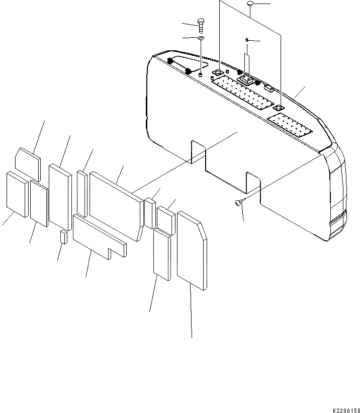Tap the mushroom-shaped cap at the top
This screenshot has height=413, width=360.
pos(251,5)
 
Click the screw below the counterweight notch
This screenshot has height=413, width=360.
pos(239,202)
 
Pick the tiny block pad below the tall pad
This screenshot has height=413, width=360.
pos(63,237)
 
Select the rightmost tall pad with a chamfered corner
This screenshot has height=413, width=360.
pos(192,252)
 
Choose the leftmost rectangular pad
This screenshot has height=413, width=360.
pos(17,194)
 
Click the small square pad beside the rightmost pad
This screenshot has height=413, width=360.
pos(166,220)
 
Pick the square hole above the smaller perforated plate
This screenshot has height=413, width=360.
pos(277,108)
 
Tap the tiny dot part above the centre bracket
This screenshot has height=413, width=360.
pos(247,39)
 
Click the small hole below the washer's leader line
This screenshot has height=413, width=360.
pos(201,75)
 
